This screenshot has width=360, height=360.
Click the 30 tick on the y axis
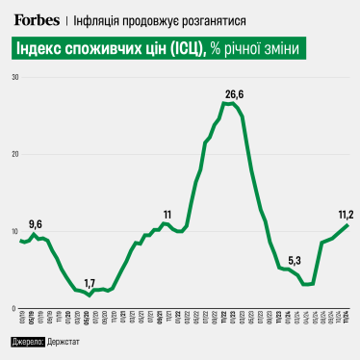(14, 76)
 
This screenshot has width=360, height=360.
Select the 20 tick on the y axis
(14, 154)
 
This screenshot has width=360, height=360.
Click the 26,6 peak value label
(234, 93)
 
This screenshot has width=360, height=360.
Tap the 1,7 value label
(90, 283)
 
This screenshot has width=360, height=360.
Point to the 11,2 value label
(346, 214)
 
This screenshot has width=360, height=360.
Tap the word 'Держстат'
(70, 343)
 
